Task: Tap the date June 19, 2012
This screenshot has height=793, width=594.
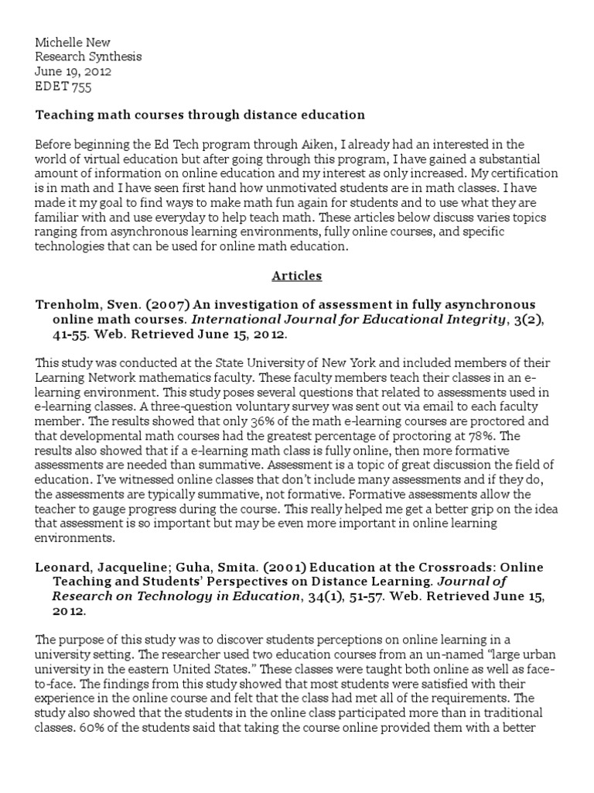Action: pos(73,71)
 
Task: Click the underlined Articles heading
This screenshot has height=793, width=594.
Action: pos(296,275)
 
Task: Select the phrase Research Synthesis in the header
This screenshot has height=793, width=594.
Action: pos(88,57)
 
